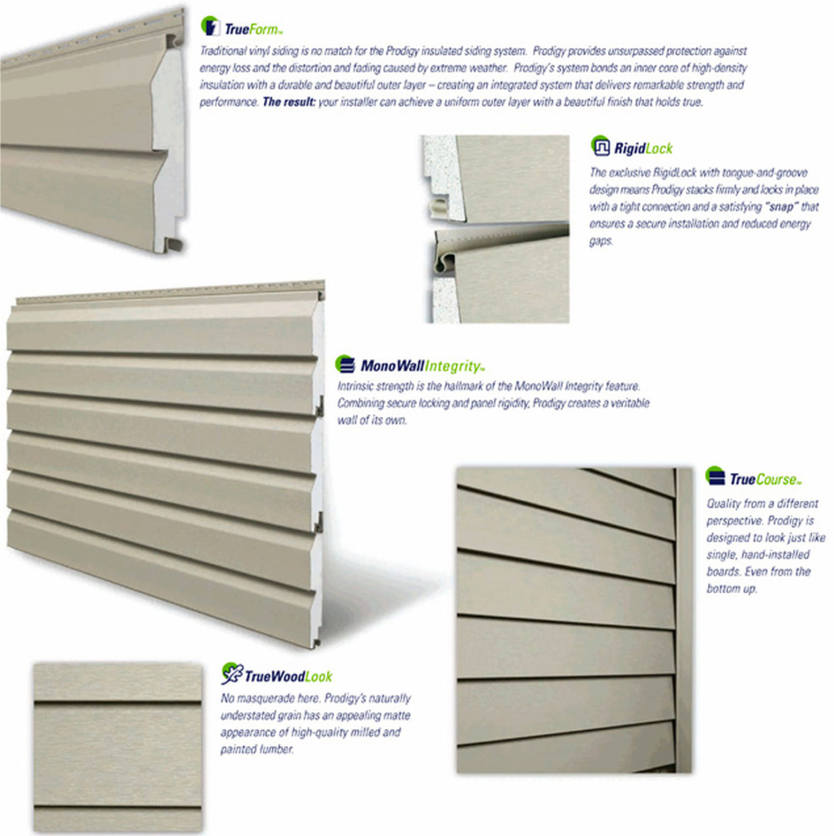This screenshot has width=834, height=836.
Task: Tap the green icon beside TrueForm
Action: [x=210, y=26]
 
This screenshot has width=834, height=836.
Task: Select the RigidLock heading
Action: [x=643, y=148]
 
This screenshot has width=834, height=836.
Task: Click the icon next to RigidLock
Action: [x=600, y=146]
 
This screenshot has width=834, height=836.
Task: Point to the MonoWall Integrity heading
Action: [x=422, y=366]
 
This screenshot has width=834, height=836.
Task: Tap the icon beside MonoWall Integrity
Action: [x=345, y=364]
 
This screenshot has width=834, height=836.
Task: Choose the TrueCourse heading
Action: [x=765, y=479]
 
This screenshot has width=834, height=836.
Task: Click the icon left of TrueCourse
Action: [x=715, y=477]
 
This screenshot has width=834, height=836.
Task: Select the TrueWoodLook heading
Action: [x=288, y=677]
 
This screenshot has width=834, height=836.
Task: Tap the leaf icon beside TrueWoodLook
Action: [x=232, y=674]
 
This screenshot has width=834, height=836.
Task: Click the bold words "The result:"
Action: [x=289, y=102]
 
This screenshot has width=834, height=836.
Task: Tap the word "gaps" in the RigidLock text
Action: [x=601, y=241]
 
